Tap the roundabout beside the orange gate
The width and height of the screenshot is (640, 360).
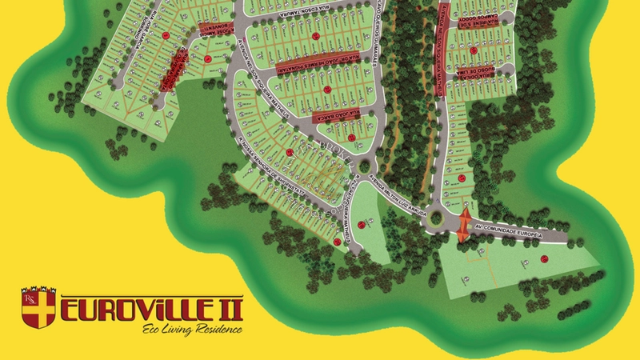[x=438, y=215]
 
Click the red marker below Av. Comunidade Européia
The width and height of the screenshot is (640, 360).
[x=544, y=258]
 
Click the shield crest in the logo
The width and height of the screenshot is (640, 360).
[x=38, y=308]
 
